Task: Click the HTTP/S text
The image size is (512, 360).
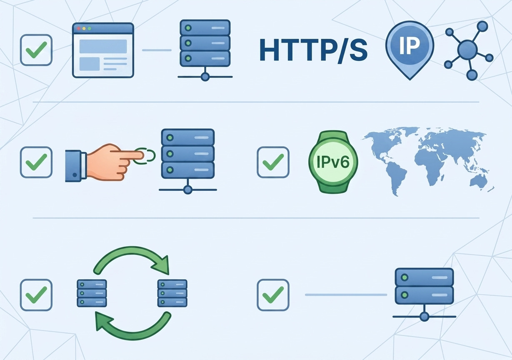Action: point(314,50)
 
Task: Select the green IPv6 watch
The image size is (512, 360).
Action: point(333,162)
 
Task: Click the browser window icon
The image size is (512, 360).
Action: point(103,50)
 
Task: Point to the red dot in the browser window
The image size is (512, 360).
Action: point(79,29)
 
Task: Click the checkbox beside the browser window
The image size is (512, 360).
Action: point(36,50)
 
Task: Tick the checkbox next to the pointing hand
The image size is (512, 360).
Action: point(36,162)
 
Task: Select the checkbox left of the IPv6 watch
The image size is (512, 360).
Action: point(273,162)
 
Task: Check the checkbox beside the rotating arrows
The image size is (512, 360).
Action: point(36,295)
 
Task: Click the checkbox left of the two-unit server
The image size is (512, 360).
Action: point(273,295)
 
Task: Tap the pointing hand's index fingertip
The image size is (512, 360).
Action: point(142,156)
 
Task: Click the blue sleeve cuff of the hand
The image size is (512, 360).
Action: point(74,166)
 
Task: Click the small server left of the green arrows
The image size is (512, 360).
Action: point(92,293)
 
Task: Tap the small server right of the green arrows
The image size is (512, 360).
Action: point(172,293)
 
